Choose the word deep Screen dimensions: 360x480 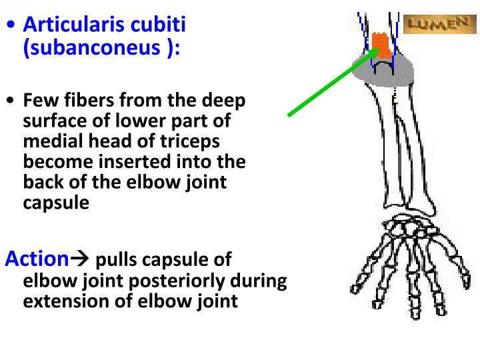pyautogui.click(x=226, y=101)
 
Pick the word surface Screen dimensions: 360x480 pyautogui.click(x=57, y=122)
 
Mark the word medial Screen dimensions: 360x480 pyautogui.click(x=54, y=142)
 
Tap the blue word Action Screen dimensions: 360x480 pyautogui.click(x=37, y=259)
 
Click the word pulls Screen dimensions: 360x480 pyautogui.click(x=119, y=260)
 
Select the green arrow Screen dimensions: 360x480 pyautogui.click(x=330, y=83)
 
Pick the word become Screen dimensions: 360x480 pyautogui.click(x=55, y=162)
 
